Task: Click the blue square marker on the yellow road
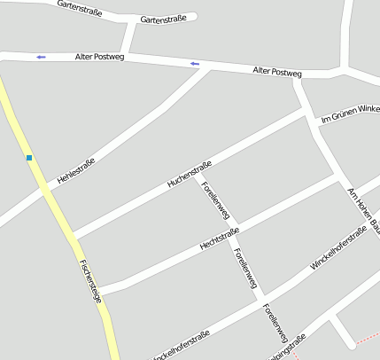point(29,158)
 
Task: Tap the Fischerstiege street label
point(90,281)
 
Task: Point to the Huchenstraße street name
point(190,173)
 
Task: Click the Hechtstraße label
point(221,239)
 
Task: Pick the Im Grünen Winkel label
point(349,114)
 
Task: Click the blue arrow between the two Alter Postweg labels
point(195,64)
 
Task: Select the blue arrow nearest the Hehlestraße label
point(41,58)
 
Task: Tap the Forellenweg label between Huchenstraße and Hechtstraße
point(216,201)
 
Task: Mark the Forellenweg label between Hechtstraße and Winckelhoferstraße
point(245,267)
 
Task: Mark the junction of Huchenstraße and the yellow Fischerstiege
point(74,238)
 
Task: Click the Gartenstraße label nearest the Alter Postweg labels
point(164,19)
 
